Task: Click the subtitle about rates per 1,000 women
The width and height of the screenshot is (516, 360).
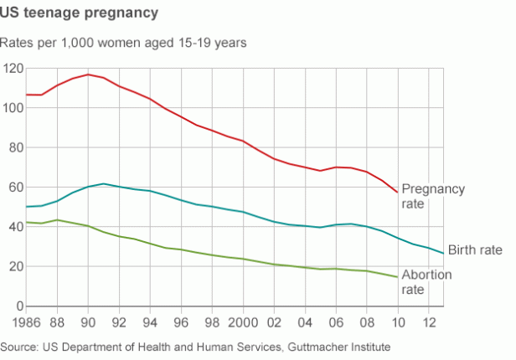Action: (x=123, y=42)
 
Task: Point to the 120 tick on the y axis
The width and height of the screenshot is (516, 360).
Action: (x=12, y=68)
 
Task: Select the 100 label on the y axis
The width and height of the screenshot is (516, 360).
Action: (x=12, y=108)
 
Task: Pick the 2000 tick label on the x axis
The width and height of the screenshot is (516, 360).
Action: (x=243, y=322)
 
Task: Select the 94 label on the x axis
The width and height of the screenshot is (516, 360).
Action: (x=150, y=322)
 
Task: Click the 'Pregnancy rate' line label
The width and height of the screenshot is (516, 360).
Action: (x=432, y=196)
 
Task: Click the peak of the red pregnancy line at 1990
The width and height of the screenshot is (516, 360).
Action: (x=88, y=75)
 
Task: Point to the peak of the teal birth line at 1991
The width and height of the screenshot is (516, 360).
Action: (x=103, y=183)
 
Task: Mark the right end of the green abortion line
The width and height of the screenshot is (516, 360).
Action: (x=397, y=277)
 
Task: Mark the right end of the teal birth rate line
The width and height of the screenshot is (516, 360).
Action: (x=443, y=253)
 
